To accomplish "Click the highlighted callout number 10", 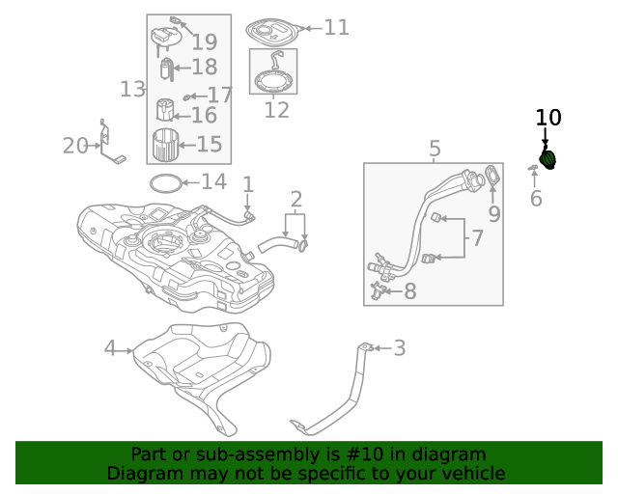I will pyautogui.click(x=548, y=118).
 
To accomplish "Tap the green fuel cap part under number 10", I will pyautogui.click(x=548, y=159).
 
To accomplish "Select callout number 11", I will pyautogui.click(x=336, y=27).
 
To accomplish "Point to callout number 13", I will pyautogui.click(x=132, y=90).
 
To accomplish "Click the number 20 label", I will pyautogui.click(x=75, y=146).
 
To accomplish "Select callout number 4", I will pyautogui.click(x=110, y=348).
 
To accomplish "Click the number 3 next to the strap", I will pyautogui.click(x=399, y=348).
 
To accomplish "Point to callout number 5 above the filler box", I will pyautogui.click(x=435, y=149).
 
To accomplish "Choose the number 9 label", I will pyautogui.click(x=493, y=214).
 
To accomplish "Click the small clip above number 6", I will pyautogui.click(x=533, y=169).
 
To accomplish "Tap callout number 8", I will pyautogui.click(x=409, y=290).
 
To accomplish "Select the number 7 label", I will pyautogui.click(x=476, y=237).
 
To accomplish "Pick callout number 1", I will pyautogui.click(x=247, y=183).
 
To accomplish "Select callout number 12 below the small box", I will pyautogui.click(x=276, y=109).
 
